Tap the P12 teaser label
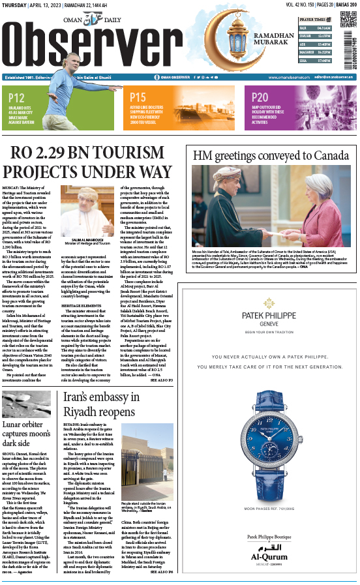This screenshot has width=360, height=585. (x=17, y=98)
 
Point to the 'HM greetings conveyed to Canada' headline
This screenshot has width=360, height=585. (x=271, y=155)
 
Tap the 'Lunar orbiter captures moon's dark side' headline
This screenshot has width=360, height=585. (x=29, y=436)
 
